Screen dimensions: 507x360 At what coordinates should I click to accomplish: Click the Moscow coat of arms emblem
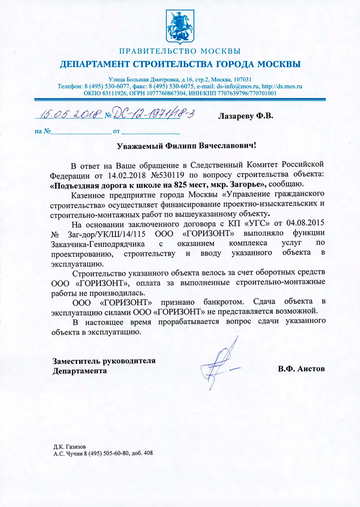pos(180,27)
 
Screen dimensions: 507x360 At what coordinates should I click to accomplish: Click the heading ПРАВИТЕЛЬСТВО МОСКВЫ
pos(180,52)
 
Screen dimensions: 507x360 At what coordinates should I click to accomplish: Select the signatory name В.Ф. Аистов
pos(301,369)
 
